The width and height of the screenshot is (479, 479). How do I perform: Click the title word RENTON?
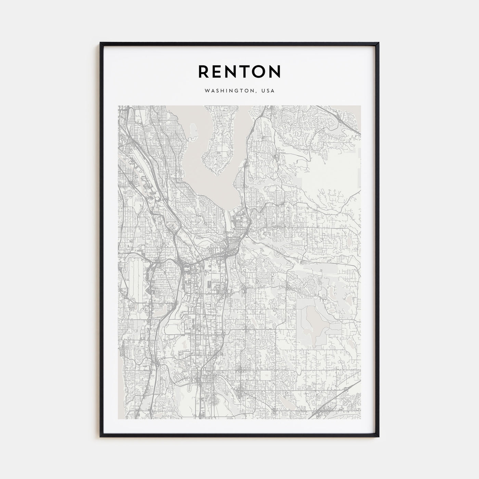pos(239,71)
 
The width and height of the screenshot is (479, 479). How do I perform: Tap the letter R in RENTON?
pos(204,71)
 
